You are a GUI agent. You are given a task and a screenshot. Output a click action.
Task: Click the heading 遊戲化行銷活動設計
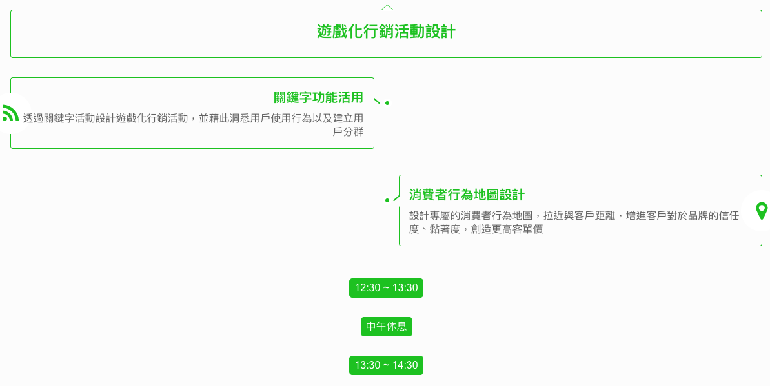tap(386, 32)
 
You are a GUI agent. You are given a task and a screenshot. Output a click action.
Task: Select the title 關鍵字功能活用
tap(318, 98)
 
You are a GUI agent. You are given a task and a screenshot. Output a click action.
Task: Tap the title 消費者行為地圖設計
tap(467, 195)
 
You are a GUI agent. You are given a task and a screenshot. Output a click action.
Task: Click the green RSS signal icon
tap(10, 113)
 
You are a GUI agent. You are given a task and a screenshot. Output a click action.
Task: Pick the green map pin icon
tap(762, 211)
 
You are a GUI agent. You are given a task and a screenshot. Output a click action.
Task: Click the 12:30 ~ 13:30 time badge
tap(386, 288)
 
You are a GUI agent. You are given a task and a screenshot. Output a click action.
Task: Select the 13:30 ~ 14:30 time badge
tap(386, 365)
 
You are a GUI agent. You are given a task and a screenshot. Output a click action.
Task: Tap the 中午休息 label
tap(386, 327)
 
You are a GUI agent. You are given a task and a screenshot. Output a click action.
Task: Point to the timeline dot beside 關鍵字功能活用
tap(387, 103)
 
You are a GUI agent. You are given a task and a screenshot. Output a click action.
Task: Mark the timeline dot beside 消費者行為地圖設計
tap(387, 200)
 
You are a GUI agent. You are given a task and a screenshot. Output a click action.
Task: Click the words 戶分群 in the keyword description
tap(348, 132)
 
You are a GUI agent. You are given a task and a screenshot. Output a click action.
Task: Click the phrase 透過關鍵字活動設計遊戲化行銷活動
tap(105, 119)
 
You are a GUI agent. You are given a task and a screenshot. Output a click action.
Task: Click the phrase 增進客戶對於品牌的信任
tap(682, 216)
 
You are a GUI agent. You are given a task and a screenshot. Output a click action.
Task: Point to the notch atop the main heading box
tap(387, 7)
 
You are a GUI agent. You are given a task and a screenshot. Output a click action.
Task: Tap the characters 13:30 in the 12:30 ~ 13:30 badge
tap(405, 288)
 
